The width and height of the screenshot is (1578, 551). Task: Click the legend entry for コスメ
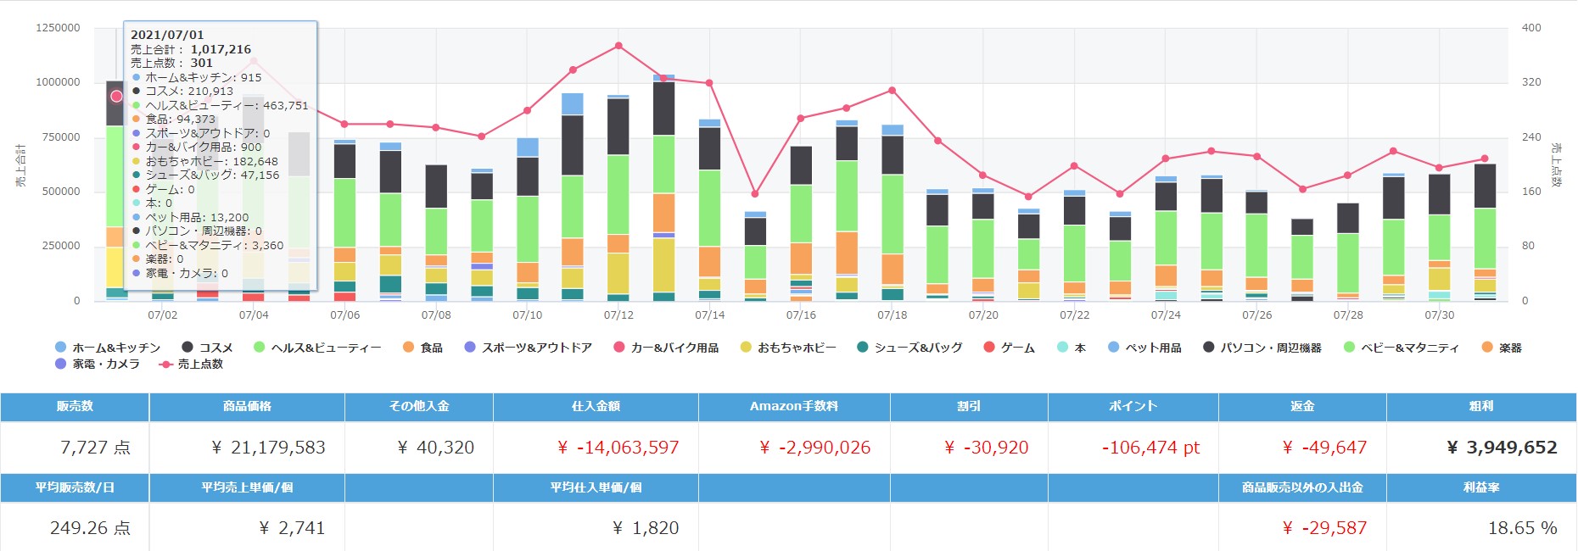207,348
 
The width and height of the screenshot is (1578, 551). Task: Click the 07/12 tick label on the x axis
618,315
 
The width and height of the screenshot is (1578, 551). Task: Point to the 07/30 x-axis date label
1439,315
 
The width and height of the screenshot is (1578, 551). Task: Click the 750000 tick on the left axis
58,137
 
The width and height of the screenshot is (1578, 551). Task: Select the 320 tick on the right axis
1531,82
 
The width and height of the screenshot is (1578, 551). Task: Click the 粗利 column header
1480,406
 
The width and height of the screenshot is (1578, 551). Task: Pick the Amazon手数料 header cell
793,406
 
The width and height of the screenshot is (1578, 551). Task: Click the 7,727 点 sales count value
95,448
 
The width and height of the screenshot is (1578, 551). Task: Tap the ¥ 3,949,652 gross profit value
1502,448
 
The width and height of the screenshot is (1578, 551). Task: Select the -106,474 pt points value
1150,448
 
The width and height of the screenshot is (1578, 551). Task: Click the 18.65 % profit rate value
1522,528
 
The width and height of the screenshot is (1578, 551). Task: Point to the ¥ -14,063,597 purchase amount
618,448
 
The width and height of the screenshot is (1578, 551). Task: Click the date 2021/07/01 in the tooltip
167,35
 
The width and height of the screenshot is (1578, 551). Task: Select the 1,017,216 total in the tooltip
221,49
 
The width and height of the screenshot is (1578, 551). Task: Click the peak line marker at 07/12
618,46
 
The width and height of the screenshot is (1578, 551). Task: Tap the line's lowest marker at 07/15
755,194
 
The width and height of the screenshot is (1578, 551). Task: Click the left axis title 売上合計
21,165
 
